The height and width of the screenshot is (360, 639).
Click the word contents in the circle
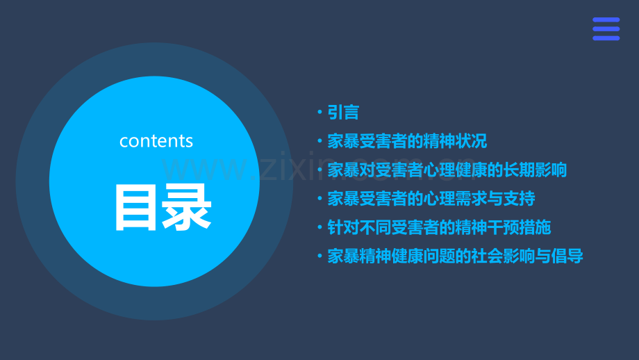tap(156, 141)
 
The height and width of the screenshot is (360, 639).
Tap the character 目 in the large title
tap(137, 207)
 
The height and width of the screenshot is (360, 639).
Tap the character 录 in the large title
tap(187, 207)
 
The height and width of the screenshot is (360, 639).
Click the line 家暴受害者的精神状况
tap(407, 142)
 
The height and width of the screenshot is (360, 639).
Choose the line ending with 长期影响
tap(447, 170)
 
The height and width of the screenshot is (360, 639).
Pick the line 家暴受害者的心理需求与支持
tap(431, 199)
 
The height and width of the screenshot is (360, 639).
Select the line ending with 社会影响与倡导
tap(455, 256)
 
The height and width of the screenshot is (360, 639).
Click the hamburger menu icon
tap(606, 29)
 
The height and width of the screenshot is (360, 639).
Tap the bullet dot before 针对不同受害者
tap(319, 227)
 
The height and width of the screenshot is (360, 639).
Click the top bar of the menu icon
tap(606, 20)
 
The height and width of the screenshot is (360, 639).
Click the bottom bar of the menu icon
tap(606, 38)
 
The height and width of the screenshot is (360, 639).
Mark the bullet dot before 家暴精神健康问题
tap(319, 256)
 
